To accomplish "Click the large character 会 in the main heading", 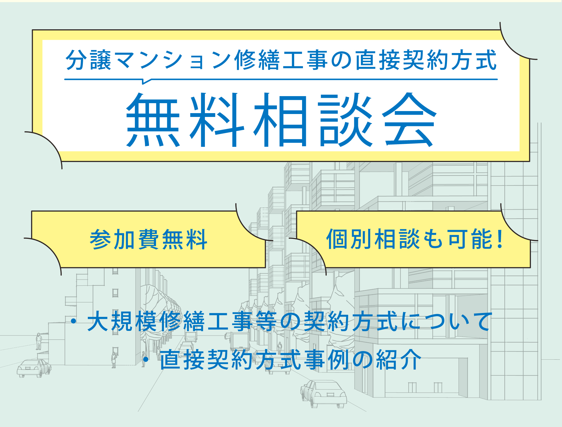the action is coord(409,120).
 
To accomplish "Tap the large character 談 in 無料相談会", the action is coord(345,120).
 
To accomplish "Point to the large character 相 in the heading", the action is coord(281,120).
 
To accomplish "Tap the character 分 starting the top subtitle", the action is coord(76,60).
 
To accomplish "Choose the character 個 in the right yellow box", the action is coord(337,239).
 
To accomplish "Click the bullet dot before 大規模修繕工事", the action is coord(73,321).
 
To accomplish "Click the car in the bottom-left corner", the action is coord(34,368).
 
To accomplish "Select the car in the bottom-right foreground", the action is coord(323,394).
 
